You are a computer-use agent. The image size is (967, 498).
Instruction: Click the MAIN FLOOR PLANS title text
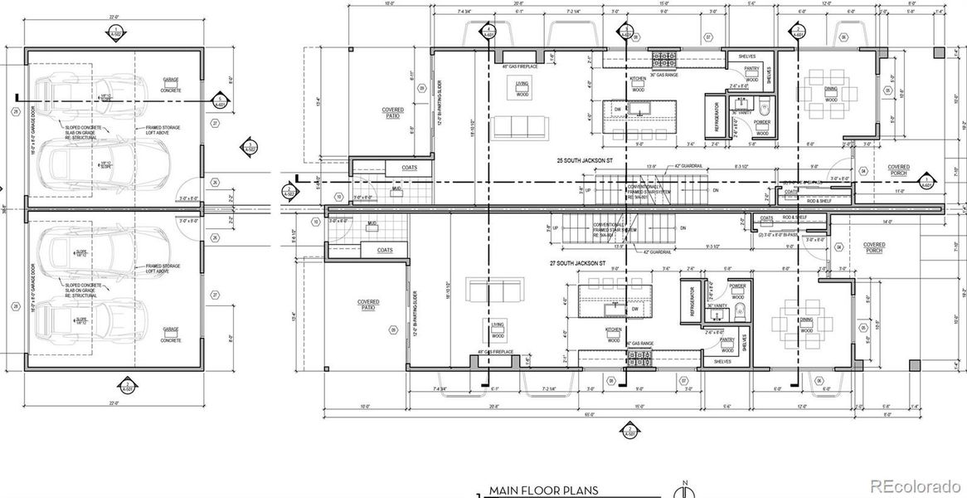(543, 490)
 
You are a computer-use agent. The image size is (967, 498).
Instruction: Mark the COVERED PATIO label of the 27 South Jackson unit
(369, 305)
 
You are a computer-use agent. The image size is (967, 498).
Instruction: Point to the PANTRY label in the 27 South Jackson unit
(726, 339)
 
